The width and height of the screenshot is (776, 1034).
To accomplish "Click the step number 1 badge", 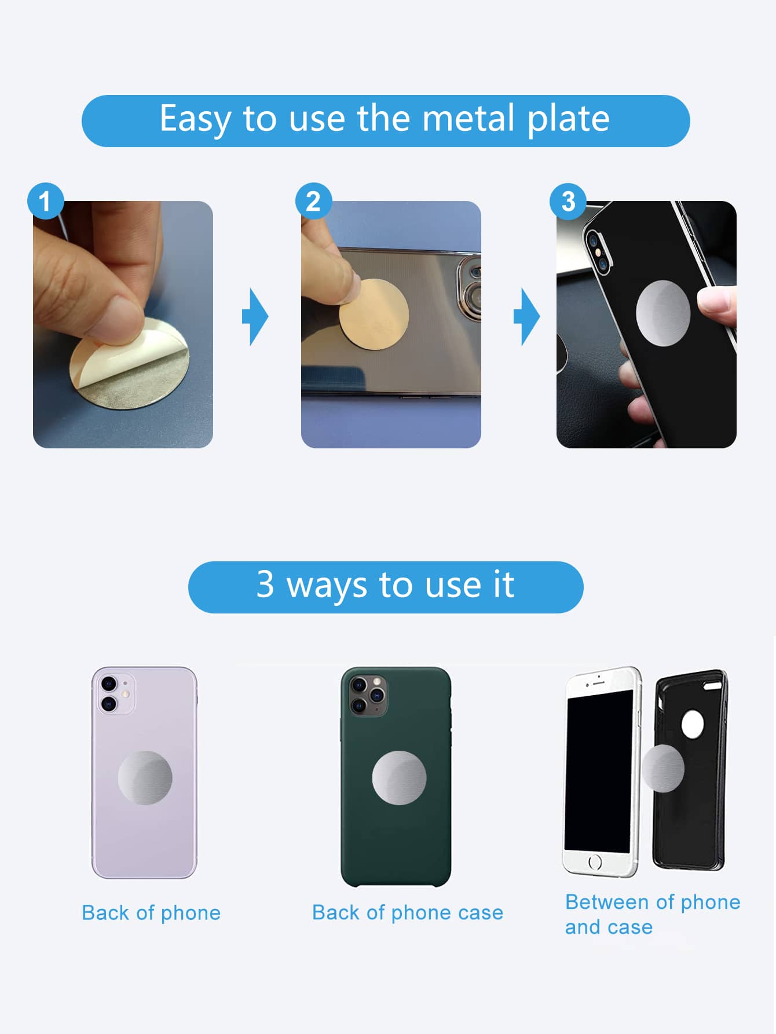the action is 45,201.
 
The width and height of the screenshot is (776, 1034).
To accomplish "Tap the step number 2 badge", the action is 313,201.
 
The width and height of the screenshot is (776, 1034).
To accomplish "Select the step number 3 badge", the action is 568,201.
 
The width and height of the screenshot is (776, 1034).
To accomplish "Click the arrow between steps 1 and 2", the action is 255,317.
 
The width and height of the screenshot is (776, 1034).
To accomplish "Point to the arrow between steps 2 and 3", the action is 526,317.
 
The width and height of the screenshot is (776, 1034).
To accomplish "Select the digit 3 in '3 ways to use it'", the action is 265,584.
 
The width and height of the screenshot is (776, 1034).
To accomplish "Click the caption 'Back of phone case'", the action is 408,912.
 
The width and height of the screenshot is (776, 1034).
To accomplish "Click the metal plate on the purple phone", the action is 145,778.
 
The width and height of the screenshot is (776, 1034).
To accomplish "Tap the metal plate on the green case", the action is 399,778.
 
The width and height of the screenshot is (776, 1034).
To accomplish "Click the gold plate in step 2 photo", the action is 374,314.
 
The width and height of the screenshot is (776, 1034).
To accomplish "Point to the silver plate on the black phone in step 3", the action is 663,313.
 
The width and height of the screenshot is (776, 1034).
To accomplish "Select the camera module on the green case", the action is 367,695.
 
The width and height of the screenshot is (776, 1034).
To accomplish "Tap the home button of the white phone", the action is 595,862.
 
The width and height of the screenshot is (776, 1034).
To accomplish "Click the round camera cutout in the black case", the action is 693,724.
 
